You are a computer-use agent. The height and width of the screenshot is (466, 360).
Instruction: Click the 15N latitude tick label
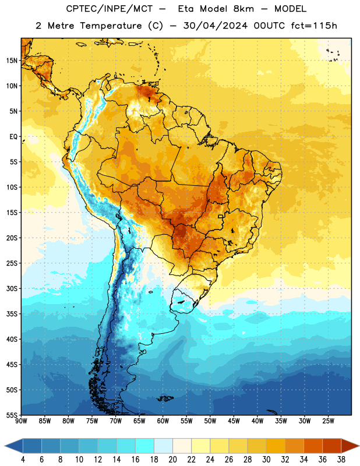(12, 61)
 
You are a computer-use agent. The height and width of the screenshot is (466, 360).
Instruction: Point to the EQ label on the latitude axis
(13, 137)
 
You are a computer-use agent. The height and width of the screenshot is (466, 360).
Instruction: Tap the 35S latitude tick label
(12, 314)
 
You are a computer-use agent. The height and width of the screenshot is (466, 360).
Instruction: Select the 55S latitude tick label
(12, 415)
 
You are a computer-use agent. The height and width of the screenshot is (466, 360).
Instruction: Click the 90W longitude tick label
(21, 421)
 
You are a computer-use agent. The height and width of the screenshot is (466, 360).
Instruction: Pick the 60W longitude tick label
(163, 421)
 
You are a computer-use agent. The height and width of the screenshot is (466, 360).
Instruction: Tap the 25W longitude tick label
(328, 421)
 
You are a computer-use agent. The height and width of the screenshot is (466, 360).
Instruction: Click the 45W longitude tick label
(234, 421)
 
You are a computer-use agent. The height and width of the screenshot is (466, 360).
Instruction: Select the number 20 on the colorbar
(172, 460)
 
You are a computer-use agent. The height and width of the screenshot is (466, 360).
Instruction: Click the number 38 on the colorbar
(341, 460)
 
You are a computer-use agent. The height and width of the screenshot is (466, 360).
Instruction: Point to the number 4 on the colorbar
(23, 460)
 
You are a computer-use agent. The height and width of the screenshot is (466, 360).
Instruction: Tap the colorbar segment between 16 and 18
(145, 446)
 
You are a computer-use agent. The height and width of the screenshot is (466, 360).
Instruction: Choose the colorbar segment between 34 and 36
(313, 446)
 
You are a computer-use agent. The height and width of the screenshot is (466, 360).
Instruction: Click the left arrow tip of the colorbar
(5, 446)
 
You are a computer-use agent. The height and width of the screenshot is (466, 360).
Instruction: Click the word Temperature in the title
(111, 26)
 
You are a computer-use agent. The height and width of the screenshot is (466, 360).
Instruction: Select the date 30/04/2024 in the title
(215, 26)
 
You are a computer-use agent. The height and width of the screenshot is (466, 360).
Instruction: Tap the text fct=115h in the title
(314, 26)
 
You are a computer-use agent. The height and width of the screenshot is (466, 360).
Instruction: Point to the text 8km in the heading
(243, 9)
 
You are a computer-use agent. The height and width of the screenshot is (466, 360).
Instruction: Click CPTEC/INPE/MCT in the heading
(109, 9)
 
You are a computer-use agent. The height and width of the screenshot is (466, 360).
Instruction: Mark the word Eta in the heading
(186, 9)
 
